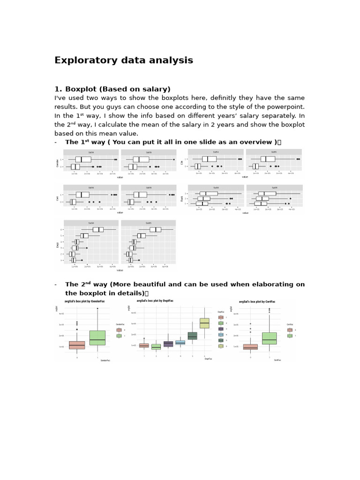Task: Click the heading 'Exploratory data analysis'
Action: (x=124, y=60)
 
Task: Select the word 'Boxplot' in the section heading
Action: (x=82, y=89)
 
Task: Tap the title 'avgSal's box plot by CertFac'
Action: (x=257, y=301)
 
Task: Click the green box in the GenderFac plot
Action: (x=97, y=337)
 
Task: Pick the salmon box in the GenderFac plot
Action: (x=77, y=345)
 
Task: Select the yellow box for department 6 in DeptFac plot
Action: (x=204, y=323)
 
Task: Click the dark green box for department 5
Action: (x=192, y=336)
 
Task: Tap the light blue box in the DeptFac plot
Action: (x=180, y=343)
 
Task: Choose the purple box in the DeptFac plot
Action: (x=168, y=344)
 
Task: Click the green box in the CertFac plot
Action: (x=270, y=338)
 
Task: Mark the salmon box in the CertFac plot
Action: (x=250, y=347)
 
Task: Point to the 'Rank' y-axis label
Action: (x=186, y=198)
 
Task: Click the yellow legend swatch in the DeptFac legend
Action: (x=221, y=346)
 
